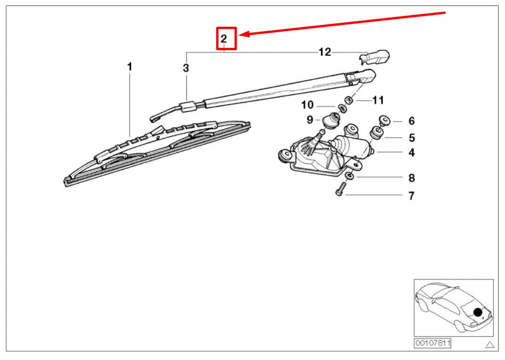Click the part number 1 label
(x=130, y=67)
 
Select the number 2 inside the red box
(x=224, y=39)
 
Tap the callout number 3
(x=186, y=69)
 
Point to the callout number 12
(x=325, y=52)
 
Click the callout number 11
(x=378, y=100)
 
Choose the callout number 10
(x=307, y=105)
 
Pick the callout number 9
(x=310, y=120)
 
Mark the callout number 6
(x=411, y=121)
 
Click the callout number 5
(x=412, y=138)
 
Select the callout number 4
(x=412, y=152)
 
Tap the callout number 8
(x=412, y=178)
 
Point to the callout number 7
(x=411, y=196)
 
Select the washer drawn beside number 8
(x=350, y=176)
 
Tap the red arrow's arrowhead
(x=244, y=34)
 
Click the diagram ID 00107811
(x=432, y=343)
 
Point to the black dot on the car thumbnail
(x=478, y=312)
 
